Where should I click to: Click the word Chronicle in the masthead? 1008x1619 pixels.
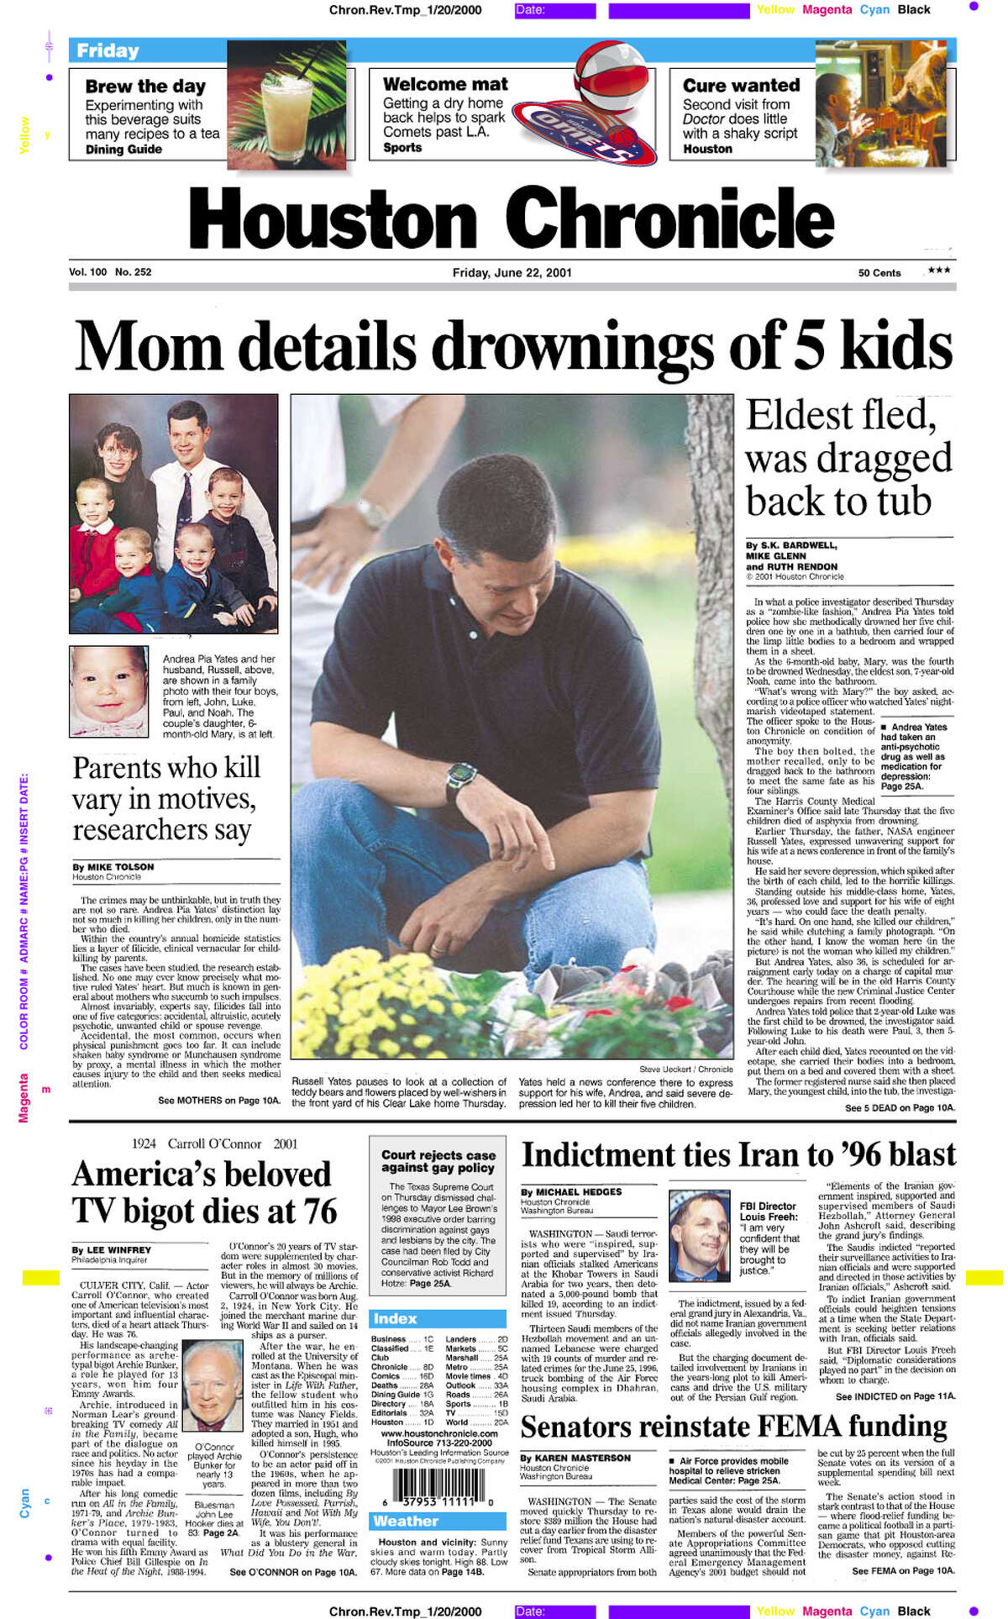pos(669,218)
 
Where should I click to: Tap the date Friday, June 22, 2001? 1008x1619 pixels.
pos(512,273)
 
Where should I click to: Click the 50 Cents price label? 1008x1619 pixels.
pos(879,273)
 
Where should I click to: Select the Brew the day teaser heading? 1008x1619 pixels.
pos(145,87)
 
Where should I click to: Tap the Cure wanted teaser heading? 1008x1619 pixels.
pos(741,86)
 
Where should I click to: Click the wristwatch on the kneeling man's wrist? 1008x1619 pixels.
pos(461,774)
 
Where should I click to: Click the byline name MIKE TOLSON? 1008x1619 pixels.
pos(121,867)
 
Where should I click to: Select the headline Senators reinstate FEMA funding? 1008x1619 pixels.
pos(733,1427)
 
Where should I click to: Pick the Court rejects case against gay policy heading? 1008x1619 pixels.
pos(438,1161)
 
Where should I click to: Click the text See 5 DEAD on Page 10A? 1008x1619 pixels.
pos(900,1108)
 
